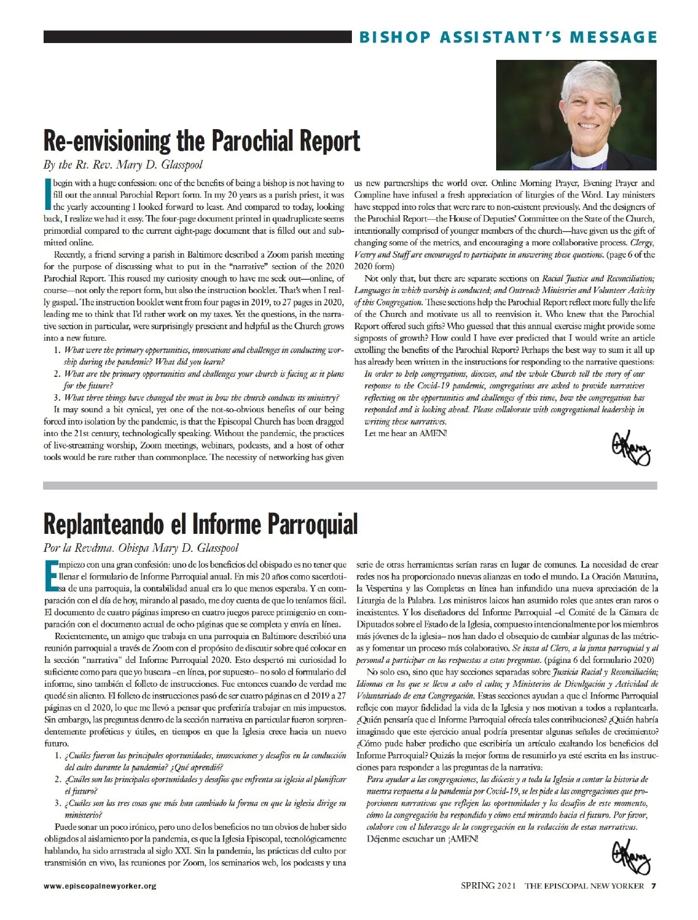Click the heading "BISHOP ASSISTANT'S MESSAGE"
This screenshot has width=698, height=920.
point(508,37)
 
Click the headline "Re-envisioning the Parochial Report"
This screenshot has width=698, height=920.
point(201,141)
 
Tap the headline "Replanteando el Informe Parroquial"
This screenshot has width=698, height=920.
point(200,524)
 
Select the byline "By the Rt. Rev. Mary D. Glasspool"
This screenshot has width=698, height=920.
point(123,165)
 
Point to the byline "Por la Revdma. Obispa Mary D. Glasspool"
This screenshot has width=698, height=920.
point(141,548)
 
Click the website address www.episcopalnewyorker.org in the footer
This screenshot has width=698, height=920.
point(99,886)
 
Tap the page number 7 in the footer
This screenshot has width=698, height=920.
point(653,886)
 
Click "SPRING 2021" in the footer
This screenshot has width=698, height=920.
point(488,886)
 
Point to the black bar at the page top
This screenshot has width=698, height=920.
point(197,37)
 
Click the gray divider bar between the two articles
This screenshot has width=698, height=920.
point(350,485)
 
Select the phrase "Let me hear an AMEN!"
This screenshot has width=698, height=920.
point(405,433)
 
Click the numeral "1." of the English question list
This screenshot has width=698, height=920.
point(58,350)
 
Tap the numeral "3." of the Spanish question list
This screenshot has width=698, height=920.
point(58,803)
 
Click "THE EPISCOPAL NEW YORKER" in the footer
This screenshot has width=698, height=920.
point(584,886)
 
